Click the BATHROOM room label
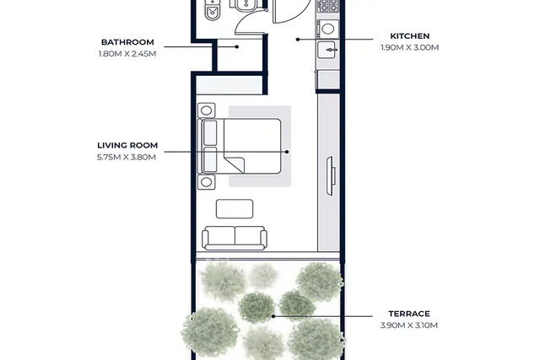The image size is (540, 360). [x=127, y=42]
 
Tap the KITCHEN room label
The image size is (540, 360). [x=410, y=36]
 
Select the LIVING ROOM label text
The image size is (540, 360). [x=127, y=146]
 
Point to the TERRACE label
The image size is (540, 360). [x=409, y=314]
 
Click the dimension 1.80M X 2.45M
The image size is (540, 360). [x=127, y=54]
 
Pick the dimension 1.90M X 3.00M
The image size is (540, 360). [x=410, y=48]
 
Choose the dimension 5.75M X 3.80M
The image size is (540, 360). [x=127, y=158]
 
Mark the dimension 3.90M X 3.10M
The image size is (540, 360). [x=409, y=325]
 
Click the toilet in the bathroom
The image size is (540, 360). [x=212, y=9]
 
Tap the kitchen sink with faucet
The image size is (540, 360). [x=327, y=51]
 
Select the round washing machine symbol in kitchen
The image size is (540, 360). [x=328, y=29]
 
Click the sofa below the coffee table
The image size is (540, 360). [x=235, y=238]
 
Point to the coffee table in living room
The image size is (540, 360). [x=235, y=209]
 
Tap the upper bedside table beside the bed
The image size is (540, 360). [x=206, y=110]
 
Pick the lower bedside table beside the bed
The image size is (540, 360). [x=206, y=182]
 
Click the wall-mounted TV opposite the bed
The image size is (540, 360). [x=331, y=176]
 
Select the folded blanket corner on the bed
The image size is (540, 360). [x=235, y=164]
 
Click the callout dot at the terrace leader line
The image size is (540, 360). [x=273, y=316]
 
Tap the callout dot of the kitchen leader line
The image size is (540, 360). [x=298, y=40]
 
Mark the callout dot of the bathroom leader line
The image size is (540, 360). [x=237, y=47]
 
